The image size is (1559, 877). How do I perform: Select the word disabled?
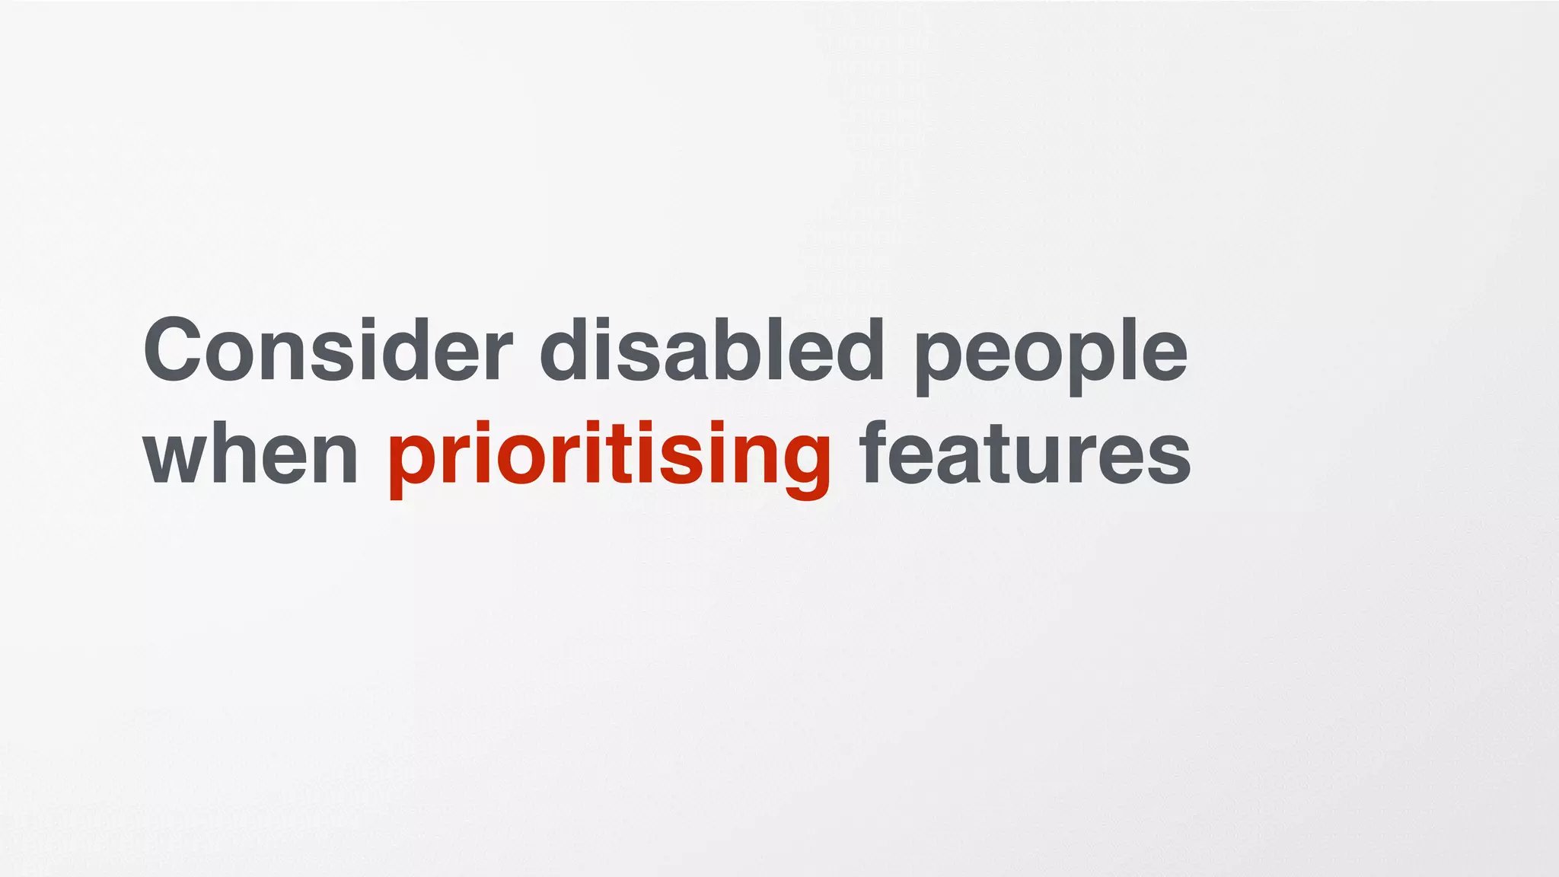point(712,350)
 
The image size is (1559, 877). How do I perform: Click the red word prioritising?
point(609,457)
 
